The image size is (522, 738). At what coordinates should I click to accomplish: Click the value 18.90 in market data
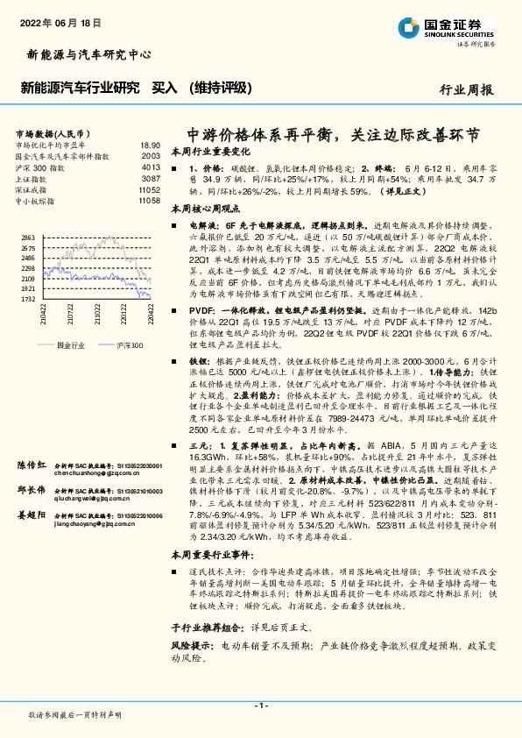[150, 145]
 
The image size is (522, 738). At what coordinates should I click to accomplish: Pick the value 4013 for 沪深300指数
[151, 167]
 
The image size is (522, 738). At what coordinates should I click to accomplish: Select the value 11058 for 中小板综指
[149, 201]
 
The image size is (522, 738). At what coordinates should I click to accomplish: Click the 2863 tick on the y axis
[27, 238]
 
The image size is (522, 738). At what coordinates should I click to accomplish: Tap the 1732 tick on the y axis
[27, 299]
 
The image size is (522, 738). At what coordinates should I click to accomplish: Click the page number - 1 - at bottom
[260, 706]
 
